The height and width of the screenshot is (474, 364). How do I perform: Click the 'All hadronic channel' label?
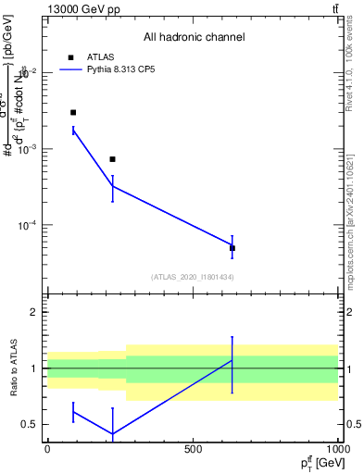click(x=194, y=37)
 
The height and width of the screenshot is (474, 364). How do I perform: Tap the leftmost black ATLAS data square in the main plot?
click(x=73, y=112)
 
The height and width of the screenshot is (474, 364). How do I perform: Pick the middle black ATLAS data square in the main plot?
click(x=112, y=159)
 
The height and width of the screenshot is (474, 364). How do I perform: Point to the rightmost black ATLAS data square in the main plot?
click(x=232, y=248)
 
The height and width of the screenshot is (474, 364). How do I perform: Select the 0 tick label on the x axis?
click(x=47, y=448)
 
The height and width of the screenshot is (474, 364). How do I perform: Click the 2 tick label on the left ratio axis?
click(x=34, y=313)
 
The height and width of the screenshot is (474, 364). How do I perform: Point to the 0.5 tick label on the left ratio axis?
click(x=31, y=424)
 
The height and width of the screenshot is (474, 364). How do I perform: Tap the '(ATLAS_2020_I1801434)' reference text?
click(x=192, y=277)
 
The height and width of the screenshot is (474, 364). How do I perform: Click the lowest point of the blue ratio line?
click(x=112, y=433)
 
